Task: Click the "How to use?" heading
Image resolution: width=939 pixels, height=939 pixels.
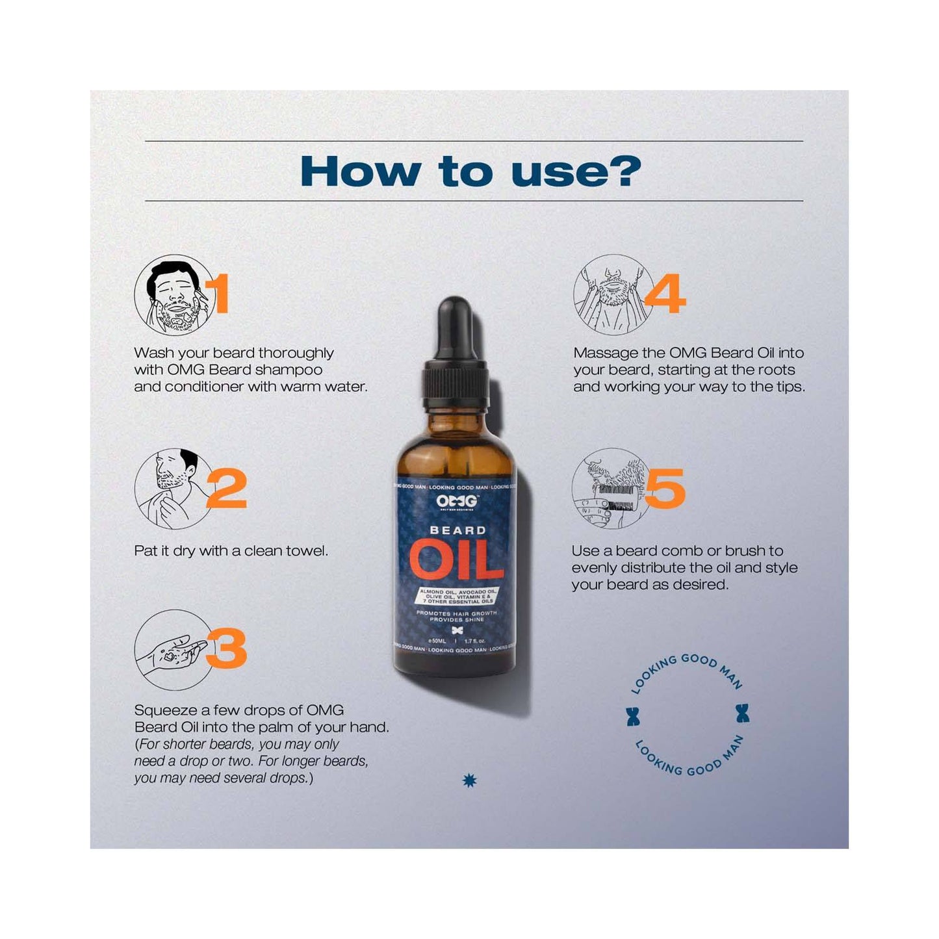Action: point(470,172)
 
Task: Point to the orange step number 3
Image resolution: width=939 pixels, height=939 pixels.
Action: point(227,648)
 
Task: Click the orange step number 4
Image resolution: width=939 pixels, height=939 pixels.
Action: point(665,294)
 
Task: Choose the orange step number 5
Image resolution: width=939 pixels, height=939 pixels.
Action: point(665,488)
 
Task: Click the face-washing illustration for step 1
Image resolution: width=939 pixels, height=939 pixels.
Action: point(173,295)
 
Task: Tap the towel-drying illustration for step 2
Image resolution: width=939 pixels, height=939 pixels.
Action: point(172,488)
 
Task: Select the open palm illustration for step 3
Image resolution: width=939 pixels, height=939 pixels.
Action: point(170,649)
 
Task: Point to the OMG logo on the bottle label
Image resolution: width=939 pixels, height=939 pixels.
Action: point(456,502)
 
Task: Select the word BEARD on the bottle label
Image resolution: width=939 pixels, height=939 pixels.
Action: point(457,530)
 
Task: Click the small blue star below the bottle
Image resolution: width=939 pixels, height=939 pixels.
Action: point(469,780)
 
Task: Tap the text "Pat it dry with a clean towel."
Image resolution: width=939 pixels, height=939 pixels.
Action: point(231,551)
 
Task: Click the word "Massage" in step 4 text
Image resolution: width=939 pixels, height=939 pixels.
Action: point(606,353)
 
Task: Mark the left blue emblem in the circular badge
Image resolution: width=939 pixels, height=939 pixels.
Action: point(633,715)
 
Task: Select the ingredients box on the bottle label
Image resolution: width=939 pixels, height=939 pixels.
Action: point(457,597)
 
